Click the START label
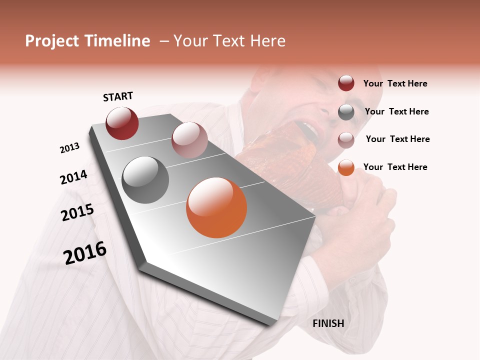click(x=118, y=96)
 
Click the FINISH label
click(x=328, y=323)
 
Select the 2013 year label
click(x=69, y=148)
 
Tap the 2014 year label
click(x=73, y=177)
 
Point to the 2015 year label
click(x=77, y=212)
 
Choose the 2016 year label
click(x=85, y=252)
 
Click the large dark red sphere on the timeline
click(x=122, y=123)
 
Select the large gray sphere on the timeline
click(x=145, y=180)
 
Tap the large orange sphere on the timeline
click(x=216, y=207)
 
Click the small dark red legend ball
click(x=346, y=83)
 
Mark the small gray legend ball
click(x=346, y=112)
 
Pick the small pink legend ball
click(x=346, y=140)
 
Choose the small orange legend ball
click(x=346, y=167)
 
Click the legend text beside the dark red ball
click(x=395, y=83)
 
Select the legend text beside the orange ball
click(x=395, y=167)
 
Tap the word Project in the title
click(x=52, y=41)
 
